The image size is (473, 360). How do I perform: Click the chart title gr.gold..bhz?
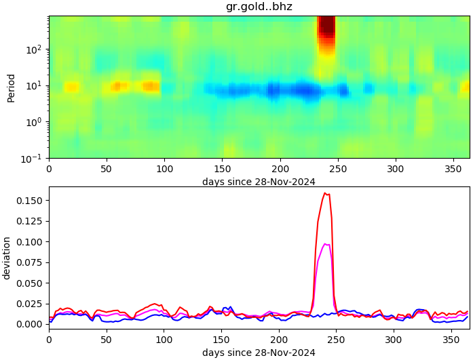[x=259, y=7]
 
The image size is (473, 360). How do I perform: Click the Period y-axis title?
[x=11, y=87]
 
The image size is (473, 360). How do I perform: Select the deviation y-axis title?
[x=7, y=258]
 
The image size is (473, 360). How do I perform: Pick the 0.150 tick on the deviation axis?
[x=30, y=201]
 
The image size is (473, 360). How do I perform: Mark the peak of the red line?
[x=325, y=193]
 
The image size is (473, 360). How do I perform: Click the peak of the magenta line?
[x=326, y=244]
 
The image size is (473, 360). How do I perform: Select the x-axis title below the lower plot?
[x=259, y=353]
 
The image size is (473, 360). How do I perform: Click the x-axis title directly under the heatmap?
[x=259, y=182]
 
